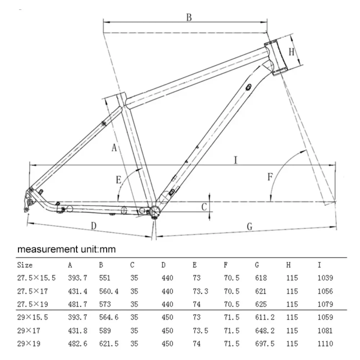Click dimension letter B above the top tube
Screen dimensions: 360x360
(189, 17)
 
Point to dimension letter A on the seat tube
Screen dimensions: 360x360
(114, 147)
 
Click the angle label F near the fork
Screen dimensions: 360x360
(270, 176)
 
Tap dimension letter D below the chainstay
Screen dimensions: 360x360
(94, 225)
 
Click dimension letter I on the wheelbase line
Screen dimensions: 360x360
(235, 160)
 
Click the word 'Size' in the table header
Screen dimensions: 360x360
(25, 265)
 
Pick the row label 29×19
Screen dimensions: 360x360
(29, 344)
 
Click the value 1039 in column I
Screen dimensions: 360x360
(325, 278)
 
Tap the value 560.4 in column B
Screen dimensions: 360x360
(109, 291)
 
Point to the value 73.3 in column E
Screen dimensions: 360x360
(200, 291)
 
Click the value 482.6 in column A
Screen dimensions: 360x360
(77, 344)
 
